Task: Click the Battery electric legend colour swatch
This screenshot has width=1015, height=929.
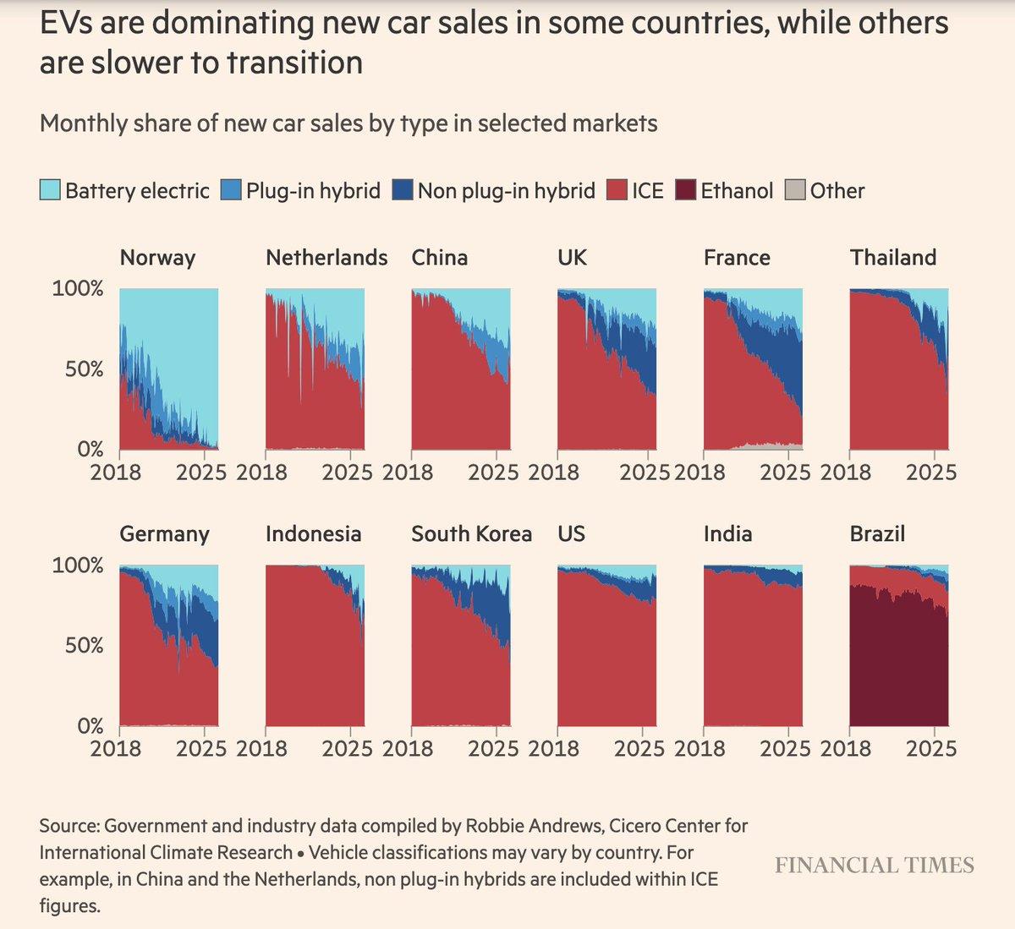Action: coord(50,190)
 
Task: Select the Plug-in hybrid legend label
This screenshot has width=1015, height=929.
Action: coord(313,191)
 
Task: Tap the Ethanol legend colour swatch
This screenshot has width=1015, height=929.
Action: coord(685,190)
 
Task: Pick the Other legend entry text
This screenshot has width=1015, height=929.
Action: coord(837,191)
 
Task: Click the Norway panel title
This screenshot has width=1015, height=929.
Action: coord(157,258)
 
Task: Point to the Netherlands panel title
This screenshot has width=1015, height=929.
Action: coord(326,258)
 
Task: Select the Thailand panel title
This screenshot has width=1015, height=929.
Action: coord(892,258)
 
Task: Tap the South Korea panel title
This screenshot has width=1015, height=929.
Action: coord(471,534)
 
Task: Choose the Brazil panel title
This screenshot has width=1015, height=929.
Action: coord(877,534)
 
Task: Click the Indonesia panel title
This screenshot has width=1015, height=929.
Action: coord(313,534)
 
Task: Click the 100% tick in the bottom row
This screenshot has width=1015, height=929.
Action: coord(78,566)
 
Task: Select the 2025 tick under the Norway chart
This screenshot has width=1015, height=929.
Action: coord(201,472)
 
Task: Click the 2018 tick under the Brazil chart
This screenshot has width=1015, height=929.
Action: coord(846,748)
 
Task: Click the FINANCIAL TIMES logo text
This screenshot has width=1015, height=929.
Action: coord(874,866)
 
